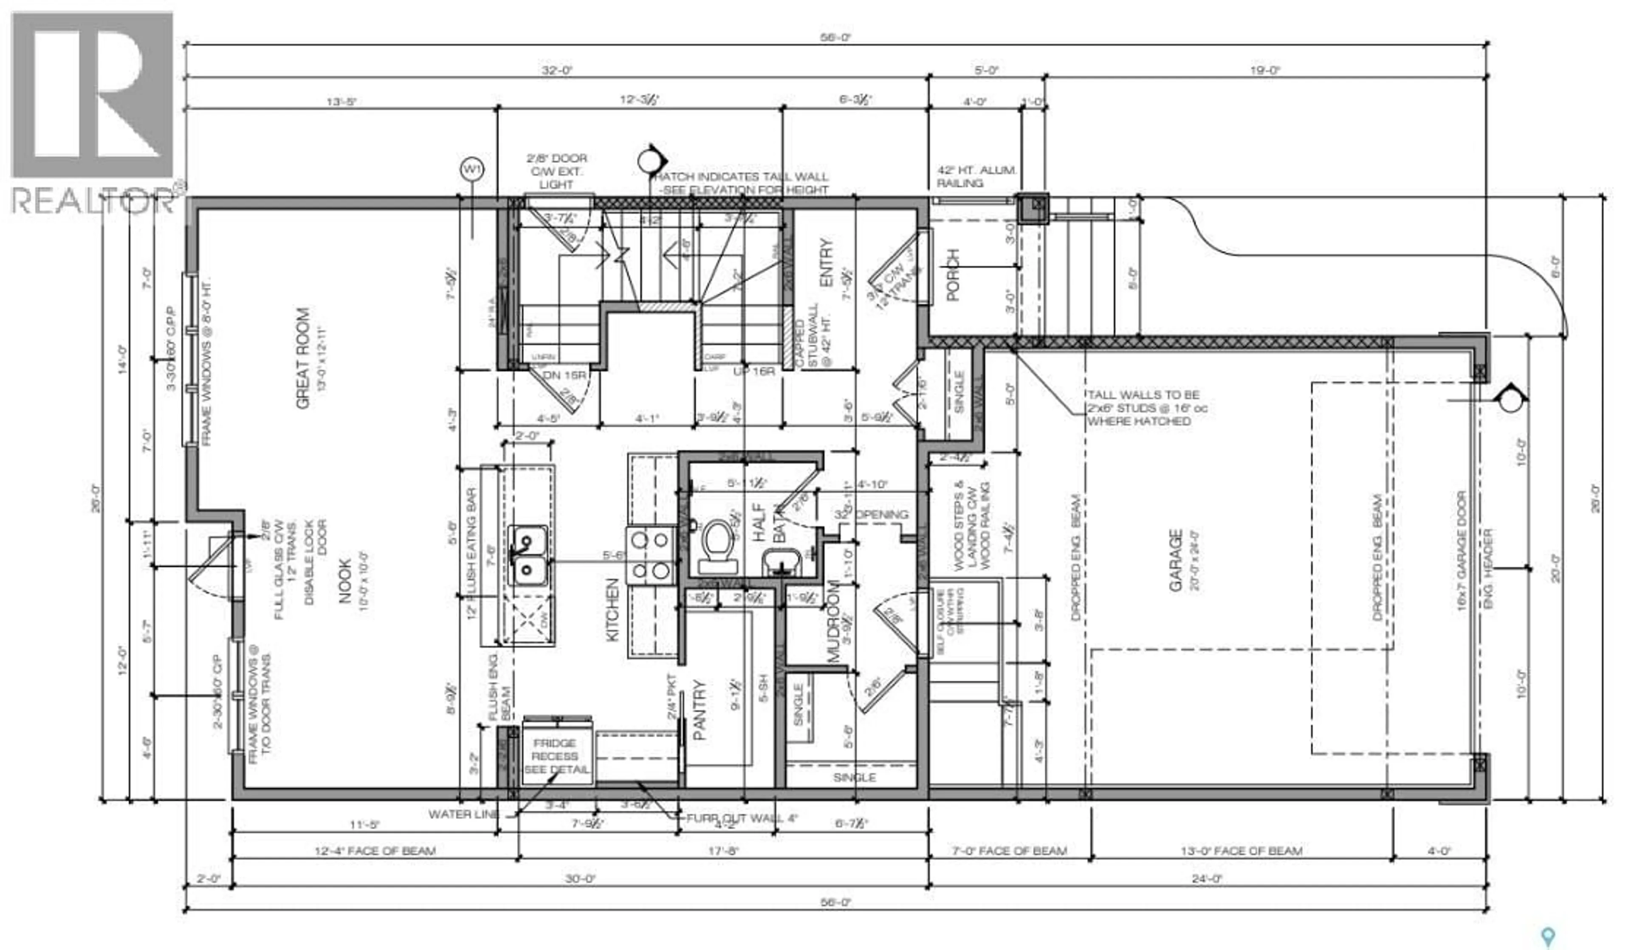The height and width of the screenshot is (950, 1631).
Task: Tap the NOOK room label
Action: [344, 581]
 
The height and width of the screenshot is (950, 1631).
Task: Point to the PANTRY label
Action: [700, 710]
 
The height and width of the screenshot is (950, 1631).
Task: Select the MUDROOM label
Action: [834, 621]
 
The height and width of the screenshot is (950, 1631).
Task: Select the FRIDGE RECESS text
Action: [555, 756]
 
